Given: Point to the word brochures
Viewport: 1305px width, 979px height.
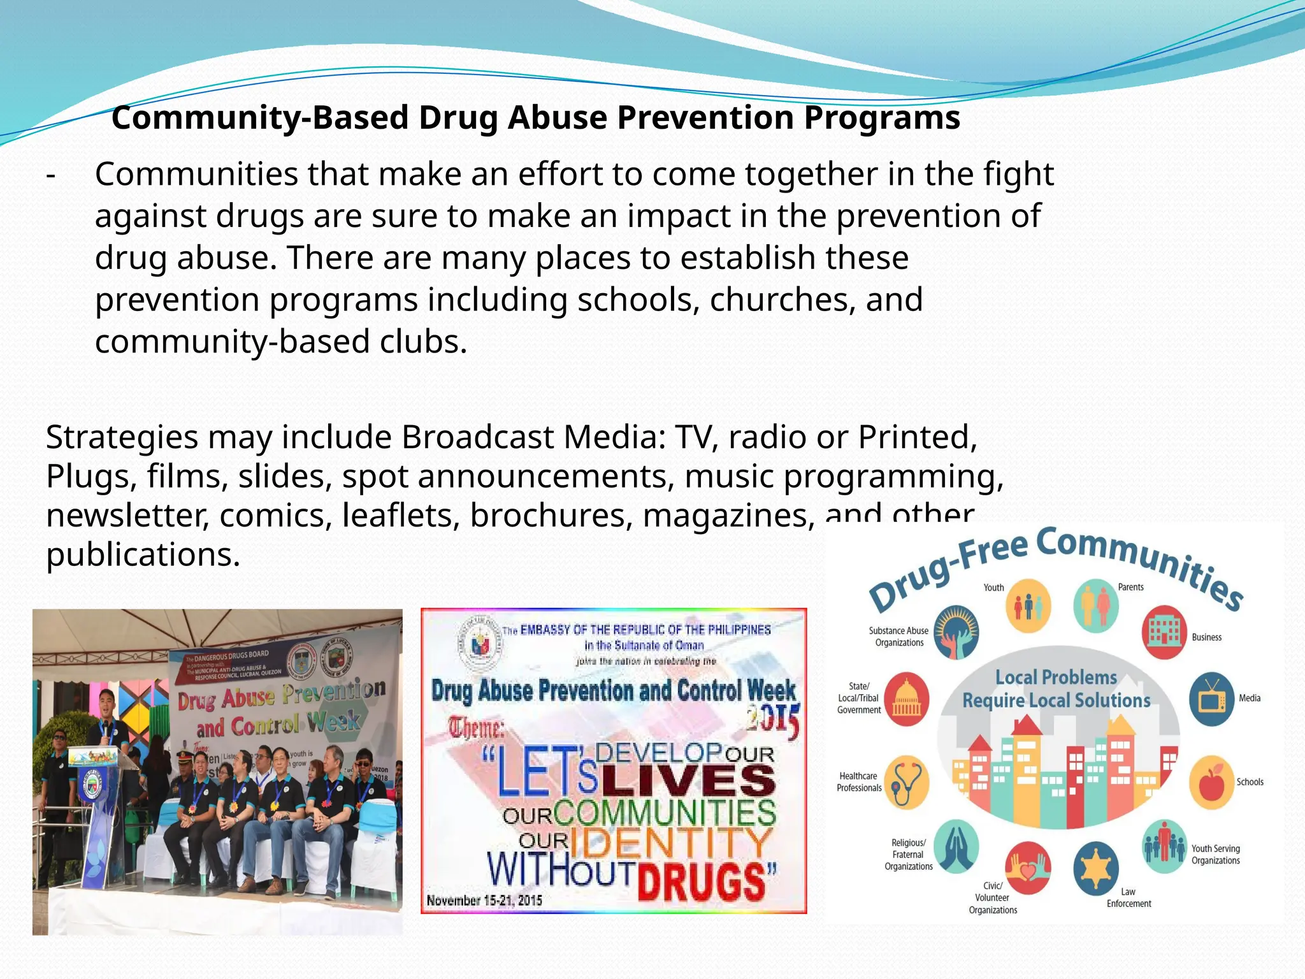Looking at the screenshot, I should (x=551, y=516).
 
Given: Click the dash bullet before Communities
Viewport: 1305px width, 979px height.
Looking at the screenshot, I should (x=51, y=175).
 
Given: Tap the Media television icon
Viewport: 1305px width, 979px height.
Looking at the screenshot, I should (x=1211, y=699).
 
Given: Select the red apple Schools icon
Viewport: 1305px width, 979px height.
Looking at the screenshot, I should (x=1211, y=783).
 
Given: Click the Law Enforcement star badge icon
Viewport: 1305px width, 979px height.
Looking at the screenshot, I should (x=1096, y=868).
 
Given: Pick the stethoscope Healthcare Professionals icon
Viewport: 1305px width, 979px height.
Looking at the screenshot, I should (x=906, y=783).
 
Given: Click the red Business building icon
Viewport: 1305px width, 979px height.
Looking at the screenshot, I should (x=1164, y=631).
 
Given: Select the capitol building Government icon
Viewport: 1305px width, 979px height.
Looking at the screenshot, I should (x=906, y=699).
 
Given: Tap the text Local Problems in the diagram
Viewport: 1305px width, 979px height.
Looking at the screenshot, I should (x=1056, y=678).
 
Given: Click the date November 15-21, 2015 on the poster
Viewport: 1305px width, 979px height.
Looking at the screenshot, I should (x=484, y=901).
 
